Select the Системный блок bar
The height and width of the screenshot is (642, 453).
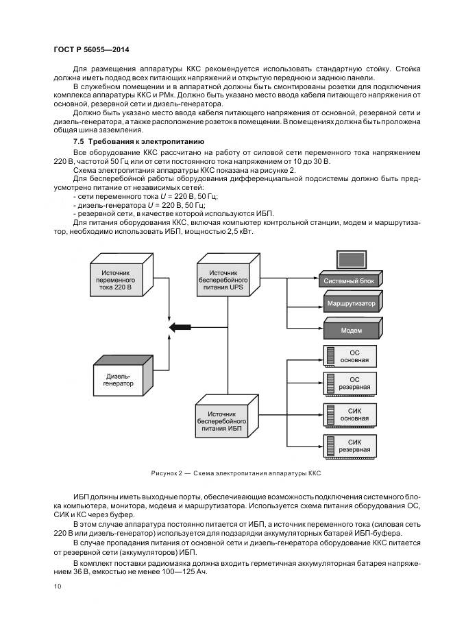click(349, 280)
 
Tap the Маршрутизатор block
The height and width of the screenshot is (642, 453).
click(350, 302)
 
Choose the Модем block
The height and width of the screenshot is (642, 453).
click(350, 330)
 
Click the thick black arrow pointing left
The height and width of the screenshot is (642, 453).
click(181, 328)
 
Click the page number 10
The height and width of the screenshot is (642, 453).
click(58, 586)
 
